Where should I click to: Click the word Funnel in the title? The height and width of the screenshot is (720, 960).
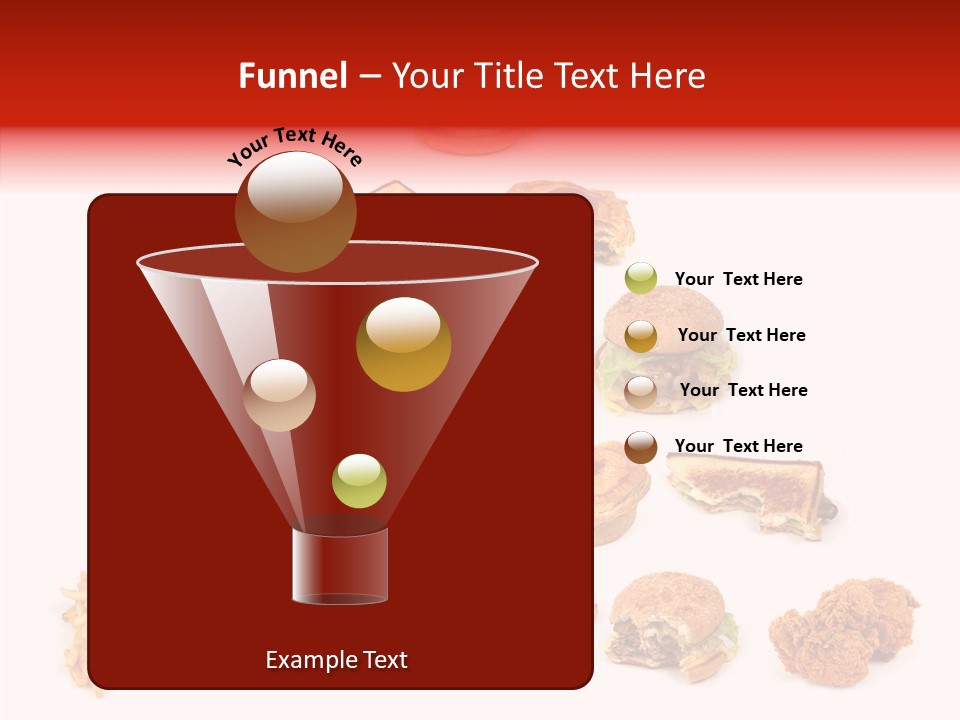[x=292, y=76]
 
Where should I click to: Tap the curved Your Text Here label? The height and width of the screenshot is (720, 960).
[x=295, y=148]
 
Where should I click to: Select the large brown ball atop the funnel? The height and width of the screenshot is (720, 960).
[x=296, y=211]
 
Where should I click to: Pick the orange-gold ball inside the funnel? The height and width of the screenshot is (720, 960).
[x=403, y=344]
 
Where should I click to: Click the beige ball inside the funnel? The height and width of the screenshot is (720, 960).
[x=279, y=395]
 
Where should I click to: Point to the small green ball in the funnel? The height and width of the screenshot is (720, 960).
[x=359, y=480]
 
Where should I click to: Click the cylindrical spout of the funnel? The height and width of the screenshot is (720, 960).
[x=340, y=566]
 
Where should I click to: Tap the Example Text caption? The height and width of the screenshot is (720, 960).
[x=336, y=660]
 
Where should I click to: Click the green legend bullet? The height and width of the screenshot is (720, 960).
[x=641, y=278]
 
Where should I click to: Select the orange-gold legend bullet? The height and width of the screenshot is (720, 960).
[x=641, y=335]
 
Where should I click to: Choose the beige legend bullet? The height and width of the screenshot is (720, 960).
[x=641, y=391]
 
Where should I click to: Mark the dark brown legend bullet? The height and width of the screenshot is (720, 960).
[x=641, y=447]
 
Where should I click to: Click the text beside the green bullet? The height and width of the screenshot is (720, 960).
[x=738, y=279]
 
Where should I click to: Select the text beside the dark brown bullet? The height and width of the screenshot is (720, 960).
[x=738, y=446]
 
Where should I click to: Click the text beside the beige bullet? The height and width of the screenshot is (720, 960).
[x=743, y=390]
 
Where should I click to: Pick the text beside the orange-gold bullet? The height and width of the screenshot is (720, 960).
[x=741, y=335]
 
